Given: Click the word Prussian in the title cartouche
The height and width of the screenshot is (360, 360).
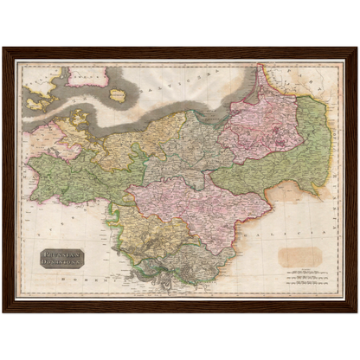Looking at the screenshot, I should click(x=61, y=254).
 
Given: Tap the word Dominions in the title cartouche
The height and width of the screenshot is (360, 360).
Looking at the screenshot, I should click(x=61, y=262).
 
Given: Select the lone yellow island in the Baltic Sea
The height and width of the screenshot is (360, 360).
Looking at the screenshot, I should click(x=118, y=95).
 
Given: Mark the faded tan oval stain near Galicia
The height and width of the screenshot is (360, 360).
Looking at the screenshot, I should click(x=299, y=255).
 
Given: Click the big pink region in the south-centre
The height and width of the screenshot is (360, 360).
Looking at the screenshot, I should click(x=195, y=208).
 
